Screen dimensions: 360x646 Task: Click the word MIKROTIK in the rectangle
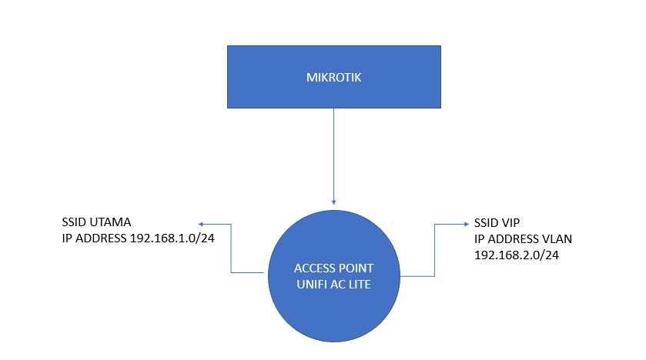coord(333,77)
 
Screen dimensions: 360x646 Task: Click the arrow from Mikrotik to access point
coord(333,154)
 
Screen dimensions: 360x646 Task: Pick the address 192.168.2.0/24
coord(517,254)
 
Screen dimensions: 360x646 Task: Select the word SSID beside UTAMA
coord(75,223)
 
